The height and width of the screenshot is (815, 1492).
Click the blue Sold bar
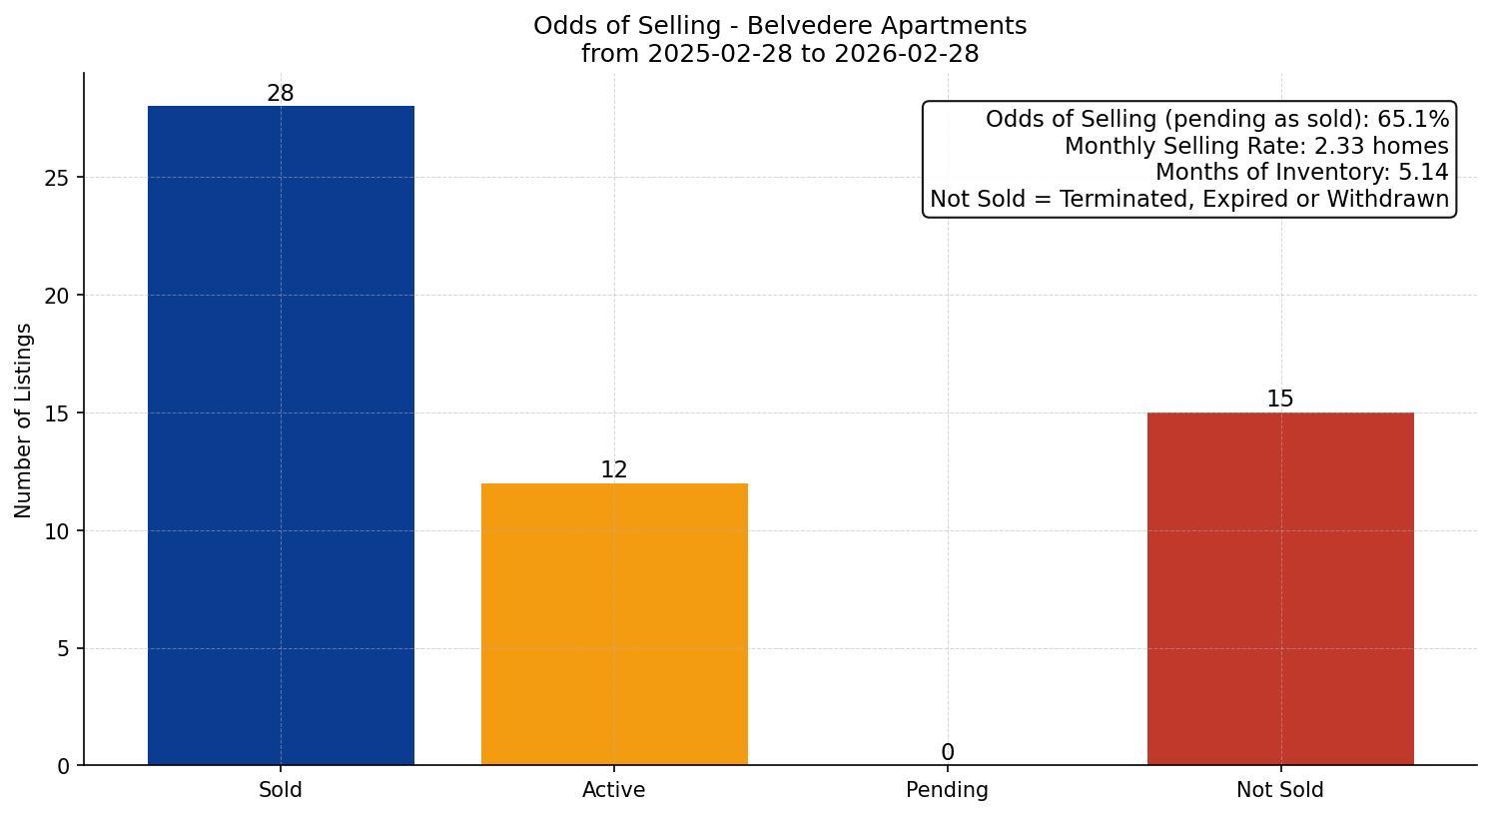tap(281, 435)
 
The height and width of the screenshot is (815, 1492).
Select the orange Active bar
tap(614, 624)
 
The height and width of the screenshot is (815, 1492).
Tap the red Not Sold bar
tap(1280, 588)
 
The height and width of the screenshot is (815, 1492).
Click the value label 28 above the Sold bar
tap(281, 94)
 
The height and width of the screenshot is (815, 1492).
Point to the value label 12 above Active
tap(614, 470)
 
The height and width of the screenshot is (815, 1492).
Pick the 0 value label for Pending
tap(947, 753)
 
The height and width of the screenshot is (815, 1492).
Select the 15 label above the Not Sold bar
tap(1280, 400)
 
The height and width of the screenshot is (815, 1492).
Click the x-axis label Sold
tap(281, 790)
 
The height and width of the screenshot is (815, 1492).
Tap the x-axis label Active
tap(614, 790)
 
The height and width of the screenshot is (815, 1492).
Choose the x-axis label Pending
tap(947, 790)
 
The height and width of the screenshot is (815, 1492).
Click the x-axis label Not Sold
tap(1280, 790)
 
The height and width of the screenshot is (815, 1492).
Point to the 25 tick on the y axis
tap(58, 178)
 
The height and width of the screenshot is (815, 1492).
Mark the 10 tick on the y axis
tap(58, 531)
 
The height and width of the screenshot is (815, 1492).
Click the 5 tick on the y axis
tap(64, 649)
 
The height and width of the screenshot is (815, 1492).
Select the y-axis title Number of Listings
tap(24, 420)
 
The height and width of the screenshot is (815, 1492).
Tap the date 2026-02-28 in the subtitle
tap(907, 54)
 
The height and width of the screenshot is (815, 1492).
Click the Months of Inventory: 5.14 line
tap(1301, 173)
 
